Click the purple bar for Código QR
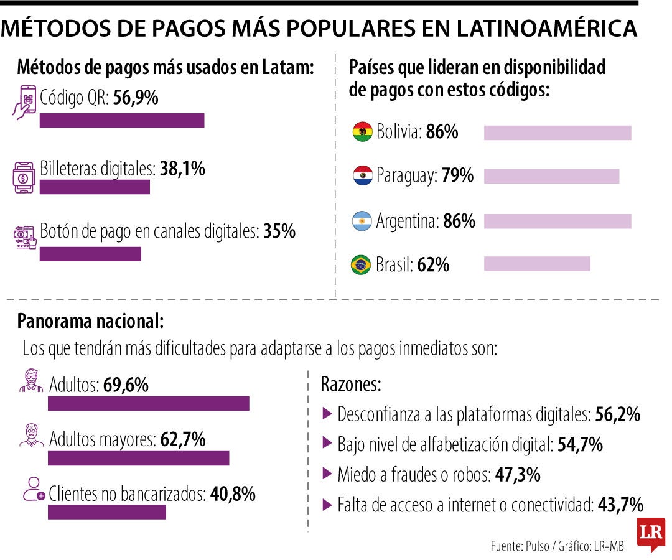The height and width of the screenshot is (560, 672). point(122,121)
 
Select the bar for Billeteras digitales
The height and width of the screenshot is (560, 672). point(95,187)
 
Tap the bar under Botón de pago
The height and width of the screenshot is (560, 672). point(90,254)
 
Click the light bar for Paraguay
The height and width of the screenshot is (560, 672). point(551,176)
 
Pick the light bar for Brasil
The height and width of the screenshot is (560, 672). point(537,264)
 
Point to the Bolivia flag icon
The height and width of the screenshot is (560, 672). point(362,132)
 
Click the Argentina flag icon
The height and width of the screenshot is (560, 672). point(362,221)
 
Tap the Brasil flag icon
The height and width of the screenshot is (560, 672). point(362,265)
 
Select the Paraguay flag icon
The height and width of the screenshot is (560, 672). point(362,176)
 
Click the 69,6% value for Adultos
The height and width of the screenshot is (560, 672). point(126,385)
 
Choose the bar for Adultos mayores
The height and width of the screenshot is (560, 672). point(138,458)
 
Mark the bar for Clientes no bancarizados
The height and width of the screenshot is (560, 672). point(107,511)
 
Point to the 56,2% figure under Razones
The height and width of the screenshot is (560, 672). point(618,414)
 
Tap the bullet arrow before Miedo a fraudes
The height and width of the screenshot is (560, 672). point(327,474)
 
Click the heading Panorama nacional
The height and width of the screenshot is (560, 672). point(91,321)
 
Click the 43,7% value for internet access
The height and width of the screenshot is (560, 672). point(620,505)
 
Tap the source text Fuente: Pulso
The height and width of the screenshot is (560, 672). point(520,546)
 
